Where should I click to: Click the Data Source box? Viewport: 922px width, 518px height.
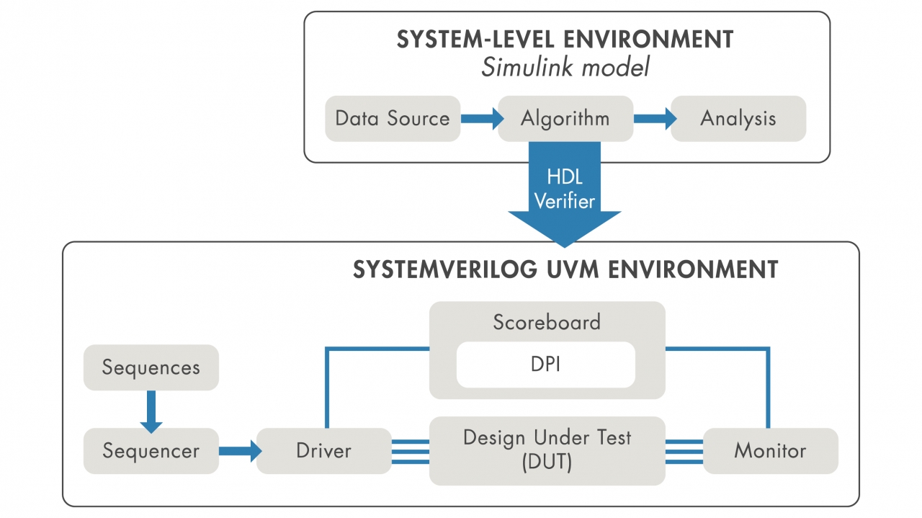coord(393,119)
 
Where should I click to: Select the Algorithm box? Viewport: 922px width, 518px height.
coord(565,119)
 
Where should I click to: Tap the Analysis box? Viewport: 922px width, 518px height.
coord(738,119)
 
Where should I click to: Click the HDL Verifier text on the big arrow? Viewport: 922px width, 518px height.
coord(565,189)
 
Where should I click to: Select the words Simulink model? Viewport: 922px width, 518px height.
coord(565,68)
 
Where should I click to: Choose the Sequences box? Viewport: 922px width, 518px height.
coord(151,367)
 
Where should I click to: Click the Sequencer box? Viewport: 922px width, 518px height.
coord(151,451)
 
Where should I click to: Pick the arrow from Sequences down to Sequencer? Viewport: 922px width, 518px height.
coord(151,412)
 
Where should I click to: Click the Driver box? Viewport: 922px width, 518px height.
coord(324,451)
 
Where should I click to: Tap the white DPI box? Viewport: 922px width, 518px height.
coord(546,365)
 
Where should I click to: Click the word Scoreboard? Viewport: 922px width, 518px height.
coord(547,322)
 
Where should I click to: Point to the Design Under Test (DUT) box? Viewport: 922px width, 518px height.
coord(547,450)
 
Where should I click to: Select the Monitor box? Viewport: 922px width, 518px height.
coord(770,451)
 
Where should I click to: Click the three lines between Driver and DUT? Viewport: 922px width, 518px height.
coord(411,451)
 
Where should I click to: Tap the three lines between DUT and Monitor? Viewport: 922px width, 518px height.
coord(684,451)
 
